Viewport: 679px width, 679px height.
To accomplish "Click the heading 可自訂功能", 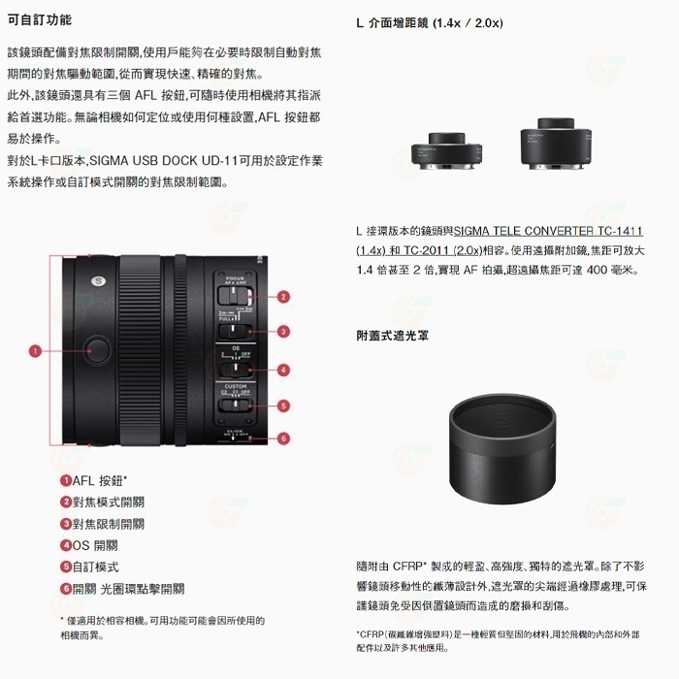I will point(39,19).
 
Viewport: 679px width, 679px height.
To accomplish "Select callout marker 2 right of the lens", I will point(283,297).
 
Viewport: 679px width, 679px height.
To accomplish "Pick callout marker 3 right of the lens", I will point(283,332).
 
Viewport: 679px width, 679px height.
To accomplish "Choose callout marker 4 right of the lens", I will point(283,370).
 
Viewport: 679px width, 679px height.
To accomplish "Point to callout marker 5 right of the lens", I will point(283,405).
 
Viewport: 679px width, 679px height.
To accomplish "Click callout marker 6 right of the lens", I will point(283,438).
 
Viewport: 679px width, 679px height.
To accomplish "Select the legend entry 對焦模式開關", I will point(102,501).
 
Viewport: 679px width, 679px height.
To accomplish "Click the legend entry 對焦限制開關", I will point(102,524).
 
